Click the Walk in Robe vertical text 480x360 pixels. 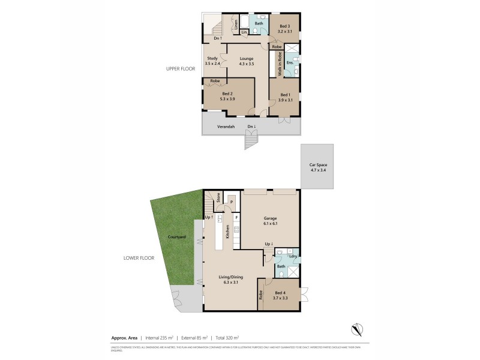click(280, 64)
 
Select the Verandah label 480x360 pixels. click(217, 127)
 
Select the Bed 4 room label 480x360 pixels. click(280, 295)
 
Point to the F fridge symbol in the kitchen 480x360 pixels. click(237, 217)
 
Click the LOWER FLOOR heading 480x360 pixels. click(139, 258)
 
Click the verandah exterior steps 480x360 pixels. click(251, 142)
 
